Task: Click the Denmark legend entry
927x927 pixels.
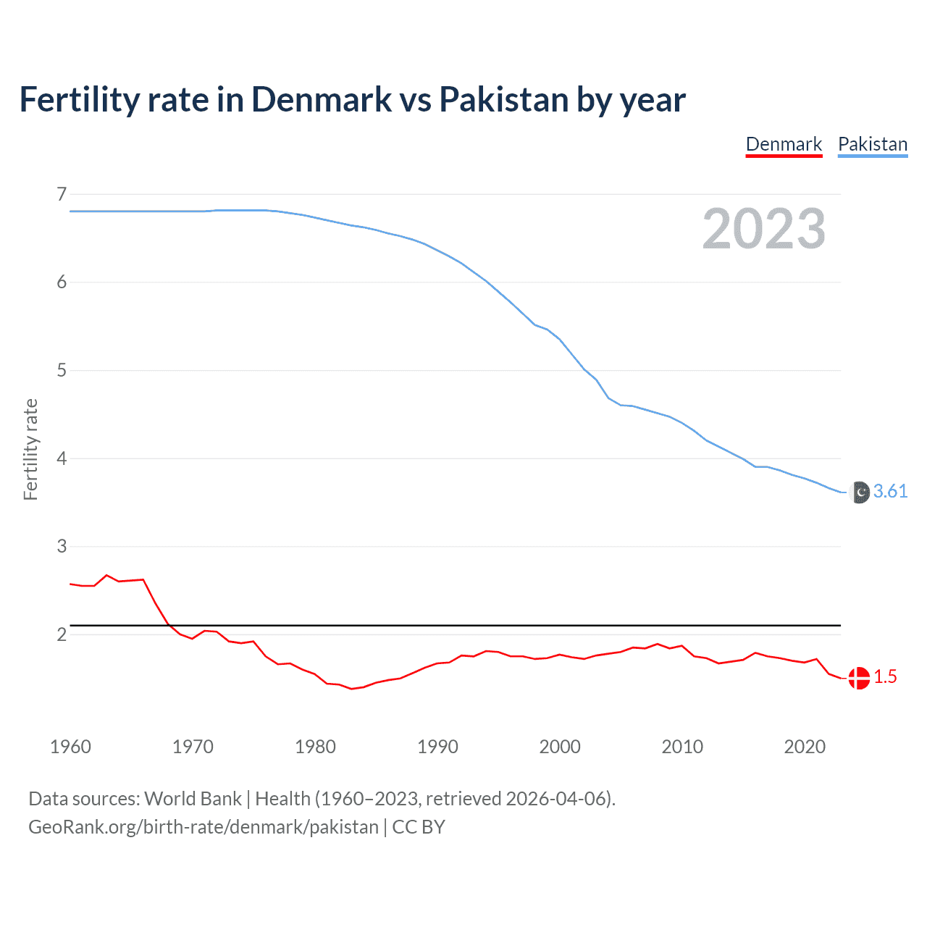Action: click(x=784, y=144)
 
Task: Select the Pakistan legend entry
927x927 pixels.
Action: click(x=872, y=144)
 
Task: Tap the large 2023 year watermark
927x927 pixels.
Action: click(x=763, y=229)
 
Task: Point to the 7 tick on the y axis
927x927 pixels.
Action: click(x=62, y=194)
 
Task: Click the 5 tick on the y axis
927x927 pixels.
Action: click(x=62, y=371)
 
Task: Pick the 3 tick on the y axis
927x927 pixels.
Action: click(x=62, y=547)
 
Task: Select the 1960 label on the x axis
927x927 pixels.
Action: click(x=70, y=747)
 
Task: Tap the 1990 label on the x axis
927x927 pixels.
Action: click(x=437, y=747)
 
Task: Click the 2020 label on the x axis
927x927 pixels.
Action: click(x=805, y=747)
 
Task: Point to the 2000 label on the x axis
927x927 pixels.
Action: click(x=560, y=747)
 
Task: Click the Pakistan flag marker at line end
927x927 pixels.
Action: click(x=859, y=492)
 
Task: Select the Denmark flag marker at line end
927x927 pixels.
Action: click(x=859, y=678)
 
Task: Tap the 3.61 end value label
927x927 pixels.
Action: click(x=890, y=492)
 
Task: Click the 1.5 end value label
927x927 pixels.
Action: click(x=885, y=677)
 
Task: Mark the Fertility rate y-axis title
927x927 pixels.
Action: click(x=30, y=449)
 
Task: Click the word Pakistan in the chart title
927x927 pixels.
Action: click(x=503, y=100)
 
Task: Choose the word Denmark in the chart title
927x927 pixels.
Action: click(x=321, y=100)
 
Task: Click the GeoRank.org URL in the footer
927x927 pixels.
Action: click(x=203, y=827)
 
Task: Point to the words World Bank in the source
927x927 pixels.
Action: click(x=193, y=799)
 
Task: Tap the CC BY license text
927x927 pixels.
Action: click(x=419, y=827)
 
